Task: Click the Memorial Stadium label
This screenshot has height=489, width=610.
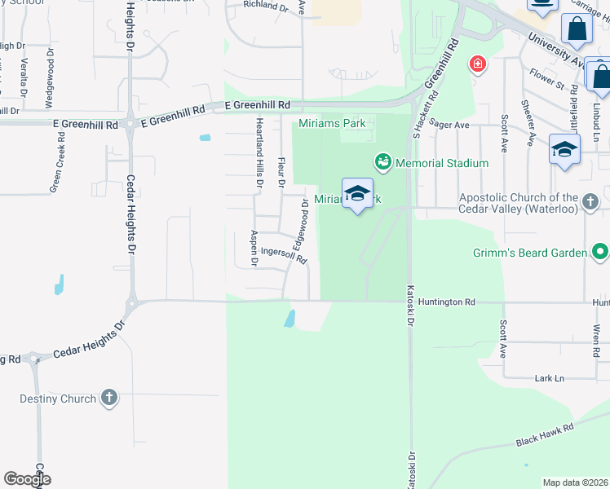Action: (x=441, y=163)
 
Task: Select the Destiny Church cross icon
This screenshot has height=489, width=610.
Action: (x=109, y=399)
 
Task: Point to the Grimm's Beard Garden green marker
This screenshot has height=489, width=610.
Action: (x=599, y=252)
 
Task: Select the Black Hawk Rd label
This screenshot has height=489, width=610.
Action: (x=544, y=434)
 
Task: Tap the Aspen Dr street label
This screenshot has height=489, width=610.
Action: (x=254, y=249)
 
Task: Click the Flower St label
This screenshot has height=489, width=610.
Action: (x=546, y=79)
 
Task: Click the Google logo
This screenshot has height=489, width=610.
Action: (x=27, y=478)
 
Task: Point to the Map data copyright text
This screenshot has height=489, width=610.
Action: (x=575, y=482)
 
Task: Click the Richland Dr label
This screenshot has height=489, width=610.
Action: (x=267, y=7)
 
